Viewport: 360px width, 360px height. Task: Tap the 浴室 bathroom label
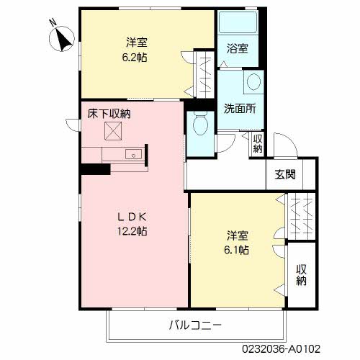click(237, 49)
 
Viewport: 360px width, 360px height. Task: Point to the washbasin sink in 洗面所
click(253, 83)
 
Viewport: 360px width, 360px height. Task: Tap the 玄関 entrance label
click(285, 175)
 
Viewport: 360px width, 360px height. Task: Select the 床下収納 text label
click(109, 114)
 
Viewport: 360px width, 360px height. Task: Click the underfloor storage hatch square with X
click(113, 132)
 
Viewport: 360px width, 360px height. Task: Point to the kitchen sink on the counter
click(132, 155)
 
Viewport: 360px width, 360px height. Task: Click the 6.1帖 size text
click(238, 250)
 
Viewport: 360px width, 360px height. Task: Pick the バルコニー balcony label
click(195, 325)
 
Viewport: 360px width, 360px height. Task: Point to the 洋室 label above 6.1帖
click(238, 235)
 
